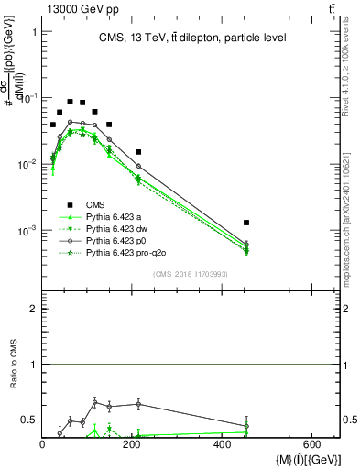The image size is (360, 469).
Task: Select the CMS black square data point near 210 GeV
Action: pyautogui.click(x=138, y=152)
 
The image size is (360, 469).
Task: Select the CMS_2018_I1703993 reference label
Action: pyautogui.click(x=190, y=274)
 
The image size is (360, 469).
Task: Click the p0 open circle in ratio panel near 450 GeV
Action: pyautogui.click(x=246, y=426)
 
